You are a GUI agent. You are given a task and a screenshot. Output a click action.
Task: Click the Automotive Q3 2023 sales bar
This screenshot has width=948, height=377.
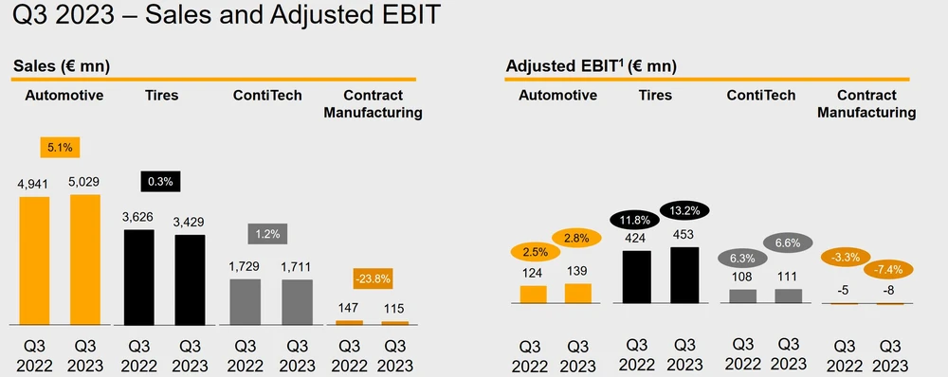coord(85,260)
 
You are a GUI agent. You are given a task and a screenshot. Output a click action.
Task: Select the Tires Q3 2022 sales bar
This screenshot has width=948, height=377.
coord(138,278)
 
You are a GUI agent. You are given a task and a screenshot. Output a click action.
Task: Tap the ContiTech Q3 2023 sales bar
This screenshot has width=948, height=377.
coord(297,302)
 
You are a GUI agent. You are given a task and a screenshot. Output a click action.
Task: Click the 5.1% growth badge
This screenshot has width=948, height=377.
coord(60,148)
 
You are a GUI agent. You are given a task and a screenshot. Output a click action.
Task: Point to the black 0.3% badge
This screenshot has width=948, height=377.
coord(161,182)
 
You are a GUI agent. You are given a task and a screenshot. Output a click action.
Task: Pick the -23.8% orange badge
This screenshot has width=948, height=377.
coord(373,279)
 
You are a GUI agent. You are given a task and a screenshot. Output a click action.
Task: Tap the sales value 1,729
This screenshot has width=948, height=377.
coord(245,266)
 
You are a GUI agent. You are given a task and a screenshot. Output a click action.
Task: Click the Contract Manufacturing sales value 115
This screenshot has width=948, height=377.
coord(393,308)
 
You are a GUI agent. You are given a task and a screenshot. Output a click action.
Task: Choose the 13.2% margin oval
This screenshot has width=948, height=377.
coord(684,211)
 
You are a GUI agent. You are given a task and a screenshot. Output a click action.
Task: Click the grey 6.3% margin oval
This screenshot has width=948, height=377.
coord(742,258)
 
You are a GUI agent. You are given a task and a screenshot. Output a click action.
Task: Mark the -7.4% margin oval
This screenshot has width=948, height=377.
coord(887,269)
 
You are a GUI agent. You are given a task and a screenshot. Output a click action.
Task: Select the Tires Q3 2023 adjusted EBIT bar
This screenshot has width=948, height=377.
coord(684,275)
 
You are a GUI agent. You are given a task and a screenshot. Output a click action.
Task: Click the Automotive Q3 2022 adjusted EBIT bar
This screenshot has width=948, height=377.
coord(533,295)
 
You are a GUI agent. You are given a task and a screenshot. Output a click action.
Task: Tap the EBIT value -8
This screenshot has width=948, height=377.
coord(889,291)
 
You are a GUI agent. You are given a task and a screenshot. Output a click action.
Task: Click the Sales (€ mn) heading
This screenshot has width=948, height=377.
coord(61,66)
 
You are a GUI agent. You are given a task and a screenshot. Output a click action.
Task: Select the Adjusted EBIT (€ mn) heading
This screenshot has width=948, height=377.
coord(591,66)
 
